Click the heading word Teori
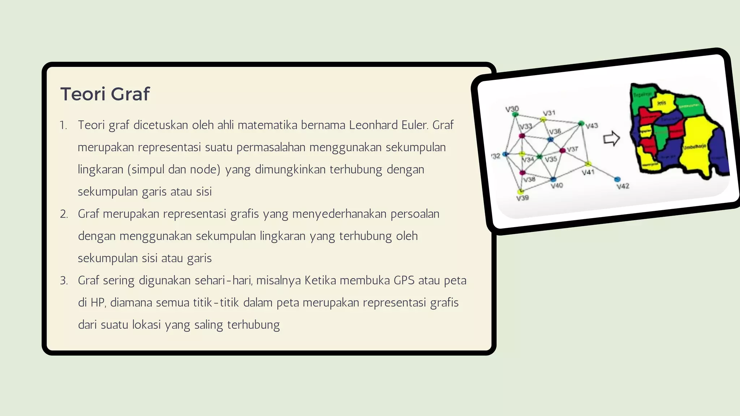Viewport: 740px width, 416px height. (83, 94)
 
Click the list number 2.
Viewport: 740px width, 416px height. (64, 214)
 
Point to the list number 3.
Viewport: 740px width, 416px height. (64, 281)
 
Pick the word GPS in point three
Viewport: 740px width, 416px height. (404, 281)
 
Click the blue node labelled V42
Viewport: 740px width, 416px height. (617, 179)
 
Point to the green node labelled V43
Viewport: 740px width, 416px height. (581, 123)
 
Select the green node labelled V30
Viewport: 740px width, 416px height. (516, 114)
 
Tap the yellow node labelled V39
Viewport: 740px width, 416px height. (521, 191)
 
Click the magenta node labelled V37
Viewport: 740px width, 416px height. (562, 150)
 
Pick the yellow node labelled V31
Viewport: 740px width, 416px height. (543, 120)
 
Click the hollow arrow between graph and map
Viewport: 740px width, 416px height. (611, 139)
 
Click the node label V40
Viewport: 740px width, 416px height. (557, 186)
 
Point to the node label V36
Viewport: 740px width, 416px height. (555, 131)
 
